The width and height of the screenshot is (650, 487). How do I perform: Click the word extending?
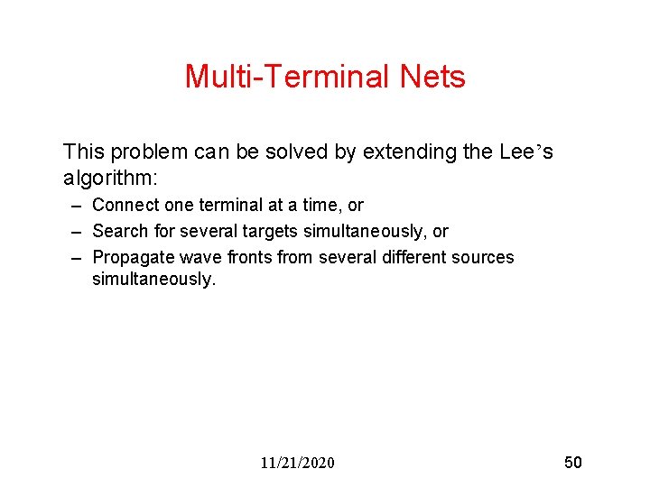407,152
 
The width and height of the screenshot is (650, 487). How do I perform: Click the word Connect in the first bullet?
125,206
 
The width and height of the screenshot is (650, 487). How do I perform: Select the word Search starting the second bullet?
121,232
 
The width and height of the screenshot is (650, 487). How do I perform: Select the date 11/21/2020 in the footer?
297,463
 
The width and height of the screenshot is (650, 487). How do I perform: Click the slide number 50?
573,463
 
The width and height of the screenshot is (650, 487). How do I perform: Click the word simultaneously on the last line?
153,280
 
